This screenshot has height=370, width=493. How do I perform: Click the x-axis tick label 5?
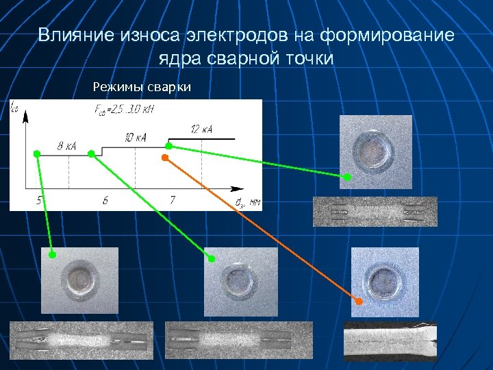pos(39,201)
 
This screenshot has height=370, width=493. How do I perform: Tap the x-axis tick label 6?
pos(105,201)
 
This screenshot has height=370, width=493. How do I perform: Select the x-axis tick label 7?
pos(172,201)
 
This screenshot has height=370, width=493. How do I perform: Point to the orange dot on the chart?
pos(164,158)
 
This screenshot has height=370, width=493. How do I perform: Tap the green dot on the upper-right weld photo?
pos(347,177)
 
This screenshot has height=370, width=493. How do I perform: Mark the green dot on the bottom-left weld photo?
pos(53,254)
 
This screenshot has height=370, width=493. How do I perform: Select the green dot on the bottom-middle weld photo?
pos(212,258)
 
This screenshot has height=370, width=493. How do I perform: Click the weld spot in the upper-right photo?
pos(372,151)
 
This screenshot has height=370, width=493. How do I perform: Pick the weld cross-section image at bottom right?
pos(390,341)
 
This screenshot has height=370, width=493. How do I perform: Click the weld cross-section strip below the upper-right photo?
pos(375,212)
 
